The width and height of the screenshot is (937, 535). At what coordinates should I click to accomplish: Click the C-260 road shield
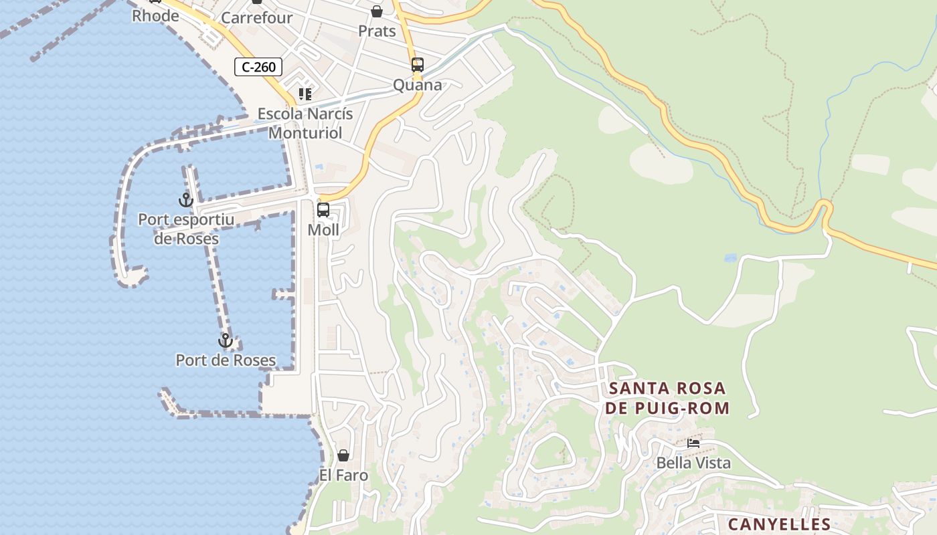258,67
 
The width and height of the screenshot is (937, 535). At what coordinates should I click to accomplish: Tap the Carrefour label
256,18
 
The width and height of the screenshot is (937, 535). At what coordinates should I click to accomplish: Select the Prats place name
377,31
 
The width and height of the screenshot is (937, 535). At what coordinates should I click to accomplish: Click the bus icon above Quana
418,65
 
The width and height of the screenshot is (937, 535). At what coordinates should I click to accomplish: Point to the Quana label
418,85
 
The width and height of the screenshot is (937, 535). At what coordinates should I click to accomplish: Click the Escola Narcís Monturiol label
305,123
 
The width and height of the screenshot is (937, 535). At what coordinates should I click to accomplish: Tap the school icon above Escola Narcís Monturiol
305,94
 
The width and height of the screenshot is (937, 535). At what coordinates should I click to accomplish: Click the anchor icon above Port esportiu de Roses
185,199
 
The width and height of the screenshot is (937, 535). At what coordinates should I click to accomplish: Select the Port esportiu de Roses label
186,229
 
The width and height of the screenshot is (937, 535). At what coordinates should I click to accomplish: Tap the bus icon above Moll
323,210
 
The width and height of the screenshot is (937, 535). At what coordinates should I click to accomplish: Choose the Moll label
323,230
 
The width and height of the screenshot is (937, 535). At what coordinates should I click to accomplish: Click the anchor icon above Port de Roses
226,340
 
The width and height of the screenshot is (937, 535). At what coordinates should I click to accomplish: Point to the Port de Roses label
226,360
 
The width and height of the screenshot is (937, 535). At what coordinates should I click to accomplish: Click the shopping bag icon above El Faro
343,455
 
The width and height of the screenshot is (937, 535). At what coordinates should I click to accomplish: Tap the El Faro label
343,475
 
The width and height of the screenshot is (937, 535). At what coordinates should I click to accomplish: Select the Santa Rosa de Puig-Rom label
667,398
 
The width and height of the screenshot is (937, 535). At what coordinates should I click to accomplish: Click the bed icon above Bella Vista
693,443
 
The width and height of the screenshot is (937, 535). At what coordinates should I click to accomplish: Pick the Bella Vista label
693,463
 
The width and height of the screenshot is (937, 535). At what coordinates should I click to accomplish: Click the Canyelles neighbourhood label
779,524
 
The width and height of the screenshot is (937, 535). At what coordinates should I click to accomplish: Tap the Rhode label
155,15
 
